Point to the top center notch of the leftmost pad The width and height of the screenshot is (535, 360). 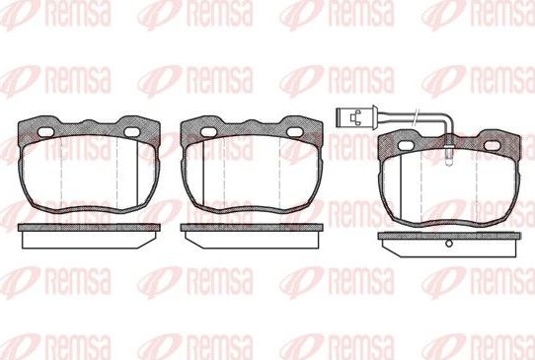click(88, 123)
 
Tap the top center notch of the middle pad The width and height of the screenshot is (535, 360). click(251, 123)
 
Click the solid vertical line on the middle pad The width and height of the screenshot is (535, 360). click(203, 178)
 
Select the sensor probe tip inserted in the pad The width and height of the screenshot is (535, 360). click(448, 154)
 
